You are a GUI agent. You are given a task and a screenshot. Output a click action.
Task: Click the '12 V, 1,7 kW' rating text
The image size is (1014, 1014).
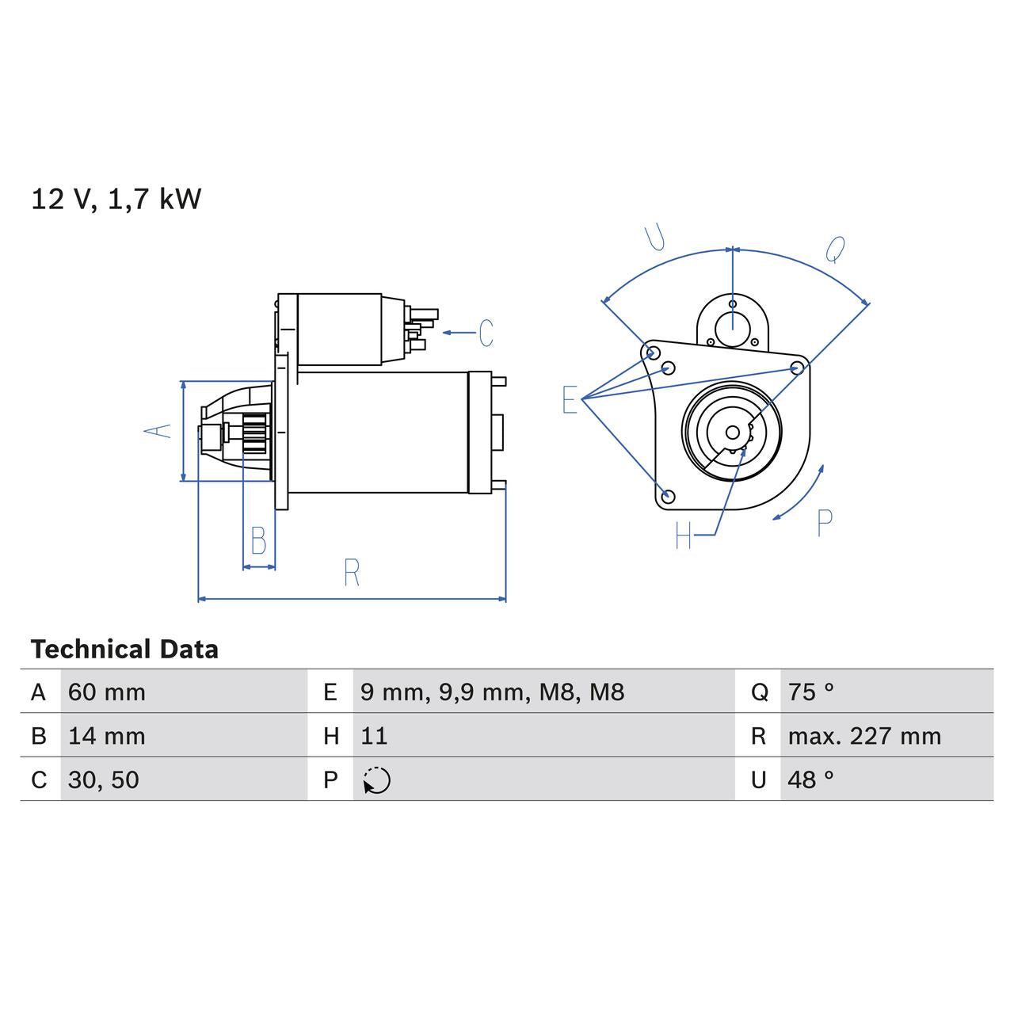pos(116,199)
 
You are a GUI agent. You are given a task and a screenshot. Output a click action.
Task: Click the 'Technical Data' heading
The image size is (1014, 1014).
pos(124,650)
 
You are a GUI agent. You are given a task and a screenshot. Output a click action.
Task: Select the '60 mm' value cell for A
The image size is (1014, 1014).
pos(107,692)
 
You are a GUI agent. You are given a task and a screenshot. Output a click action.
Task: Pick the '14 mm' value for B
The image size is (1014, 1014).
pos(107,736)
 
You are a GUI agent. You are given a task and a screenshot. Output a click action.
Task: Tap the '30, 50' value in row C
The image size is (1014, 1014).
pos(104,780)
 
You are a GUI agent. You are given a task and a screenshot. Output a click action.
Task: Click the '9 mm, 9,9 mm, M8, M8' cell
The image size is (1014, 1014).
pos(492,692)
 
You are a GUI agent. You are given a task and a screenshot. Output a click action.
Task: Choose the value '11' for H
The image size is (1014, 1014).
pos(374,736)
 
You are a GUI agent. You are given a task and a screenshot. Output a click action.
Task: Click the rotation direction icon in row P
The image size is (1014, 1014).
pos(377,780)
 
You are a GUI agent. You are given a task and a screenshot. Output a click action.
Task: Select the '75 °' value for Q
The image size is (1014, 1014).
pos(811,692)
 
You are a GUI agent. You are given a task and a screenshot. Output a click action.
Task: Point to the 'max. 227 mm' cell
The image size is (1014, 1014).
pos(864,736)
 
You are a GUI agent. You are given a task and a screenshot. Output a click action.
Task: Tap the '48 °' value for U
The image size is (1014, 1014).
pos(811,780)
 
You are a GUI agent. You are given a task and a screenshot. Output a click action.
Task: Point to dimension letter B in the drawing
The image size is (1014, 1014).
pos(258,541)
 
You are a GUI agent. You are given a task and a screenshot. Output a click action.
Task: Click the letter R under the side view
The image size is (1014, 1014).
pos(352,573)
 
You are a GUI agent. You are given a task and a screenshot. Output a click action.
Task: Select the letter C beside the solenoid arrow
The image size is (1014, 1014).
pos(486,333)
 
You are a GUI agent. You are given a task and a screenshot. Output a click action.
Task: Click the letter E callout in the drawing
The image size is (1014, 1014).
pos(570,400)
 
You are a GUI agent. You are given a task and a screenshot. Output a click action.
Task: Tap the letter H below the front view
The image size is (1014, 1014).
pos(684,536)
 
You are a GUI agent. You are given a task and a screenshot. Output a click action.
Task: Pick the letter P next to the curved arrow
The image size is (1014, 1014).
pos(825,524)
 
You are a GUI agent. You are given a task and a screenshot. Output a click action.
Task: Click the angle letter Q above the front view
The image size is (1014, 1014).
pos(835,250)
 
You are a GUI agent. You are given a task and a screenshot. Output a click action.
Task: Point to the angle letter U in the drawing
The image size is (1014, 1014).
pos(655,237)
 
